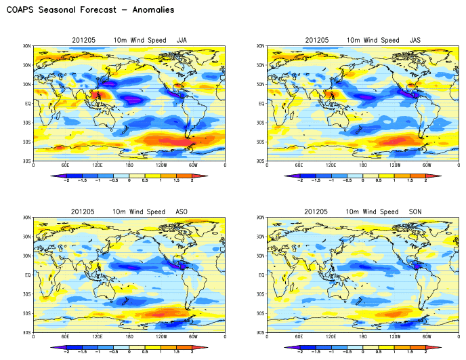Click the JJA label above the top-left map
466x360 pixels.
point(182,41)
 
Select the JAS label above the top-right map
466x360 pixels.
point(416,41)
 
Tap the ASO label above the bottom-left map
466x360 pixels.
point(182,212)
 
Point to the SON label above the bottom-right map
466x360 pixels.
point(416,212)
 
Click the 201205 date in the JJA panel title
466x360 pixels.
point(83,41)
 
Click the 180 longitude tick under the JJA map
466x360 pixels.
point(129,165)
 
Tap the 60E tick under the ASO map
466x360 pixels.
point(65,337)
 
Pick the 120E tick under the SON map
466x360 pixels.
point(331,337)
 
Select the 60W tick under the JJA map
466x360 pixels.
point(193,165)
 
